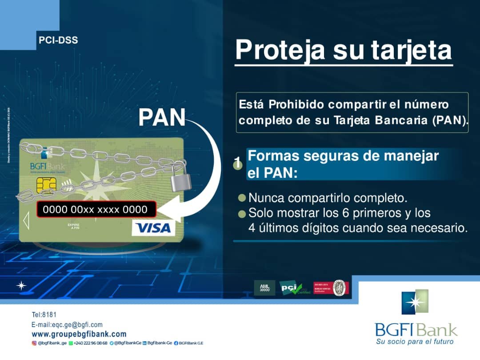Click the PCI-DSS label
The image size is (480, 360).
click(58, 40)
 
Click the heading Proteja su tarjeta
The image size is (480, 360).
click(343, 50)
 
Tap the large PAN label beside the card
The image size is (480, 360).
click(161, 118)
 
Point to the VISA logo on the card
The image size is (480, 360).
click(153, 228)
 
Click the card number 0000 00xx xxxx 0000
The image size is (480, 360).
click(95, 209)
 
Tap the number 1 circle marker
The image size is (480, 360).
click(238, 164)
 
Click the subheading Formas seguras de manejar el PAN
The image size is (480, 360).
click(343, 164)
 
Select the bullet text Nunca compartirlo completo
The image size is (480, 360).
click(328, 197)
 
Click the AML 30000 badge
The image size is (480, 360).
click(264, 288)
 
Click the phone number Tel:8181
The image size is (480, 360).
click(44, 315)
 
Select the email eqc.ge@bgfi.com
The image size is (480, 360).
click(67, 324)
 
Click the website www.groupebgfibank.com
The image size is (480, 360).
click(79, 334)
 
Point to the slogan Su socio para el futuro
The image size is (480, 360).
click(415, 341)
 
